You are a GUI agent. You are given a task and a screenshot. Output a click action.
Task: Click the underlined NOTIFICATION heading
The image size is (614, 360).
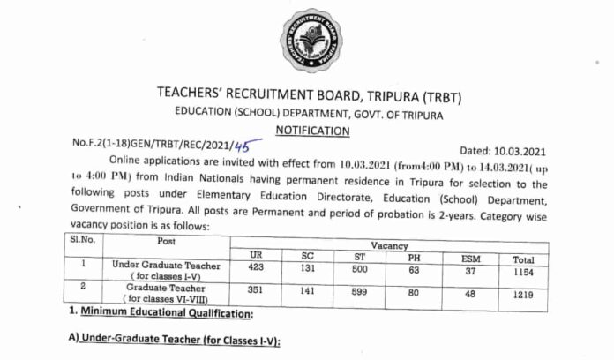pyautogui.click(x=313, y=131)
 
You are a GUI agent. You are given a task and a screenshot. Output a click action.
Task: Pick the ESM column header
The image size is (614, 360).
pyautogui.click(x=470, y=259)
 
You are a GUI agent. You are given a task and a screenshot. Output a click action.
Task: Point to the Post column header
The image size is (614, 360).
pyautogui.click(x=141, y=240)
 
